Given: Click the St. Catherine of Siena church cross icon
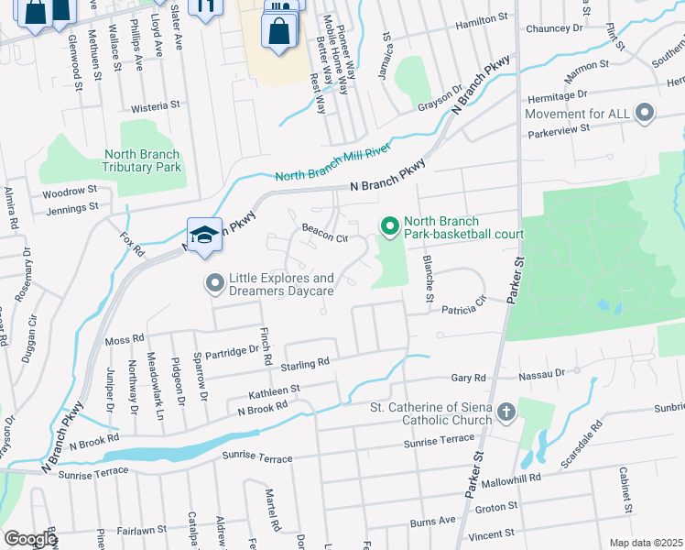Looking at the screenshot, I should [506, 412].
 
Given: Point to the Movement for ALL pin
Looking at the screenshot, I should [646, 114].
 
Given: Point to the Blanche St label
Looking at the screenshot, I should [427, 279].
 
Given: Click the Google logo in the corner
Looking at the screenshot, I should [30, 539].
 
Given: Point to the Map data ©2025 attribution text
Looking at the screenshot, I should [646, 543].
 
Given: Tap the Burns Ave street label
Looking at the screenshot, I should [432, 521].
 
